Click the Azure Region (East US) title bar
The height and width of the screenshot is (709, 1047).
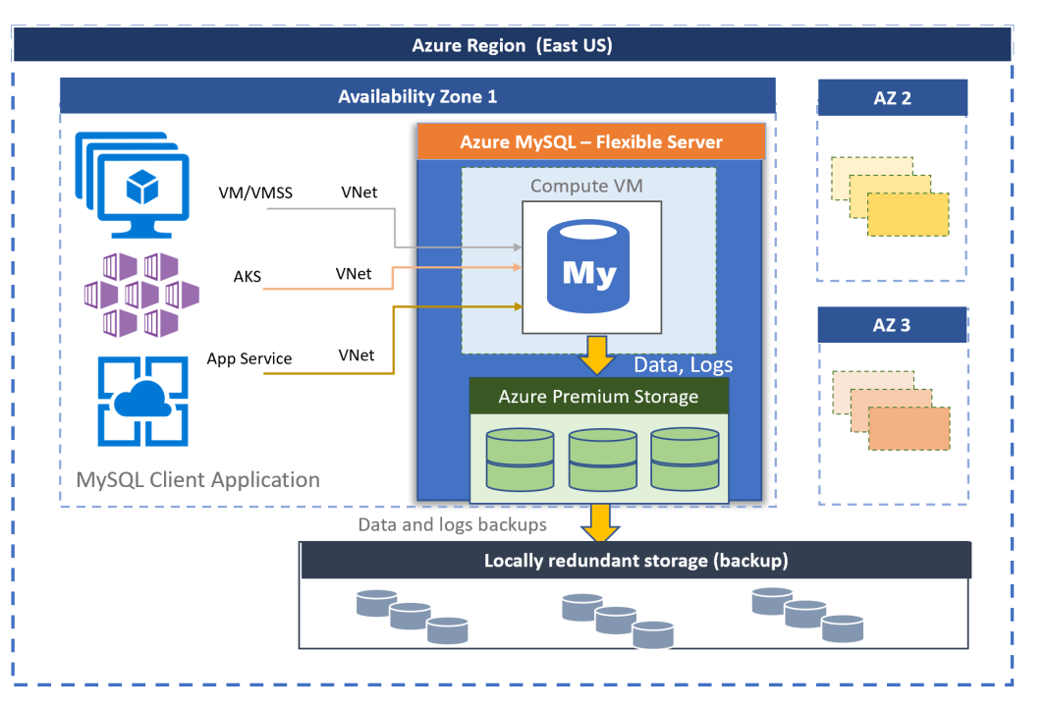[x=512, y=45]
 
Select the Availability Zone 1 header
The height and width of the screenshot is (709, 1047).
[x=417, y=96]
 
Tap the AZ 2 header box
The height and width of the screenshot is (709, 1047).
[x=892, y=98]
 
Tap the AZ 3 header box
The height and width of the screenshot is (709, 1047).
[x=892, y=325]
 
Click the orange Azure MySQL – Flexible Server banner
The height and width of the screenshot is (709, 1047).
[x=590, y=141]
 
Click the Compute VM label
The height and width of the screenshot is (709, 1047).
[x=586, y=186]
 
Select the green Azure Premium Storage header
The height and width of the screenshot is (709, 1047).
[x=598, y=397]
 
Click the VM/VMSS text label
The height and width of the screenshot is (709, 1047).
[x=255, y=193]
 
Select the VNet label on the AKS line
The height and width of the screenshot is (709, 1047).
[x=354, y=274]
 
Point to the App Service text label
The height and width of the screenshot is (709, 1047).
[x=249, y=358]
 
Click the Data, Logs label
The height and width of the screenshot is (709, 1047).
[x=683, y=365]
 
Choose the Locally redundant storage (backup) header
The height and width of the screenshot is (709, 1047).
[x=635, y=561]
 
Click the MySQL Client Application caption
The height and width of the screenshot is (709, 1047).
[x=198, y=480]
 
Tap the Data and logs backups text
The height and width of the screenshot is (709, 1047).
[x=452, y=524]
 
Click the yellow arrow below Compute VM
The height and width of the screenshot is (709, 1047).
[x=596, y=355]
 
